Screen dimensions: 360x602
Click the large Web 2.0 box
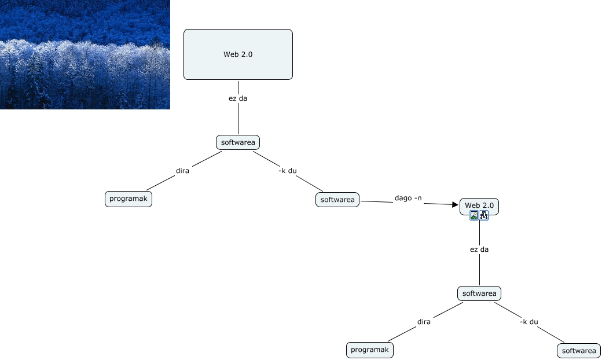[238, 54]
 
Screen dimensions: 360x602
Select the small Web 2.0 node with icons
[479, 205]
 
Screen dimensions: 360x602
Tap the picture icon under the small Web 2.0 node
[474, 215]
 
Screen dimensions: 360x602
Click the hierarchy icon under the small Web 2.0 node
[484, 215]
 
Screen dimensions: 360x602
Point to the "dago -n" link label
[408, 198]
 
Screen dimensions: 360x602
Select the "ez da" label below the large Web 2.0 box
[238, 98]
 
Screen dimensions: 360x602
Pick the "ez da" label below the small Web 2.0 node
[479, 249]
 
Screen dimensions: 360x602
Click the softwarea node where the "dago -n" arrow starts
[337, 200]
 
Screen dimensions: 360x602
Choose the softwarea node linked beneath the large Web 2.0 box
[238, 142]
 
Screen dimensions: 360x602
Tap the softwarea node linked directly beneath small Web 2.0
[479, 293]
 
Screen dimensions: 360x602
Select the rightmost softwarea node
[579, 351]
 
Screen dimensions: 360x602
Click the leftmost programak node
[129, 199]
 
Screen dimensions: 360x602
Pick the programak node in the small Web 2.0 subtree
[370, 350]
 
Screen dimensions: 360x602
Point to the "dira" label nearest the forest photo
[183, 171]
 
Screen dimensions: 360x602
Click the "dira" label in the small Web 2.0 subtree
[424, 322]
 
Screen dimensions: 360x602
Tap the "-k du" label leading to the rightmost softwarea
[529, 322]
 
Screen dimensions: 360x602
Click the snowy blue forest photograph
[85, 54]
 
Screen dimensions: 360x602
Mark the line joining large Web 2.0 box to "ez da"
[238, 86]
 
